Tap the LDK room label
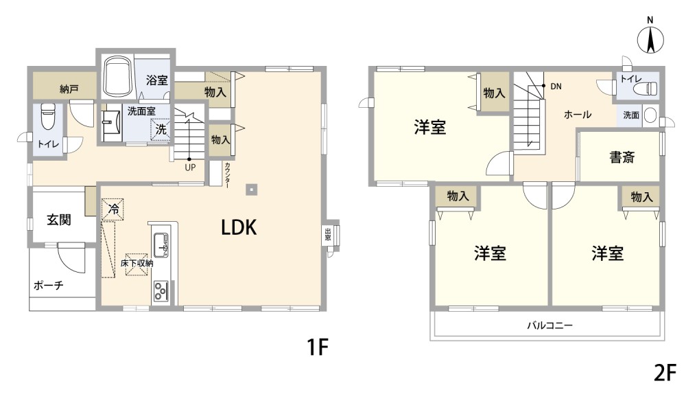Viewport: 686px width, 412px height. coord(239,228)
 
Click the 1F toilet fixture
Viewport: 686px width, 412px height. coord(47,117)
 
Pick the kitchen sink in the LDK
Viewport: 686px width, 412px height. coord(160,245)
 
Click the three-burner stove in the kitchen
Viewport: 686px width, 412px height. coord(161,292)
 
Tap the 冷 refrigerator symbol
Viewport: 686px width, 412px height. coord(113,209)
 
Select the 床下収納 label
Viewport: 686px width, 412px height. coord(137,264)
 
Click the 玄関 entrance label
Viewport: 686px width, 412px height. coord(59,219)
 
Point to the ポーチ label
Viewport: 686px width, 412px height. coord(49,286)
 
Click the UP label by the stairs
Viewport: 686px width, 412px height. coord(190,168)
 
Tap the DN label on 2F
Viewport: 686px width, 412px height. coord(556,87)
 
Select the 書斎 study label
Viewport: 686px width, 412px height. coord(622,157)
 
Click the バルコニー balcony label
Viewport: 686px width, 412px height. coord(549,325)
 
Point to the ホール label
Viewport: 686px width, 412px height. coord(578,115)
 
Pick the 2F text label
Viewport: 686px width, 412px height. coord(665,374)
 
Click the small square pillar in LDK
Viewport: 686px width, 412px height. coord(252,190)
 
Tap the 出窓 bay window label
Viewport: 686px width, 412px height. coord(327,235)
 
